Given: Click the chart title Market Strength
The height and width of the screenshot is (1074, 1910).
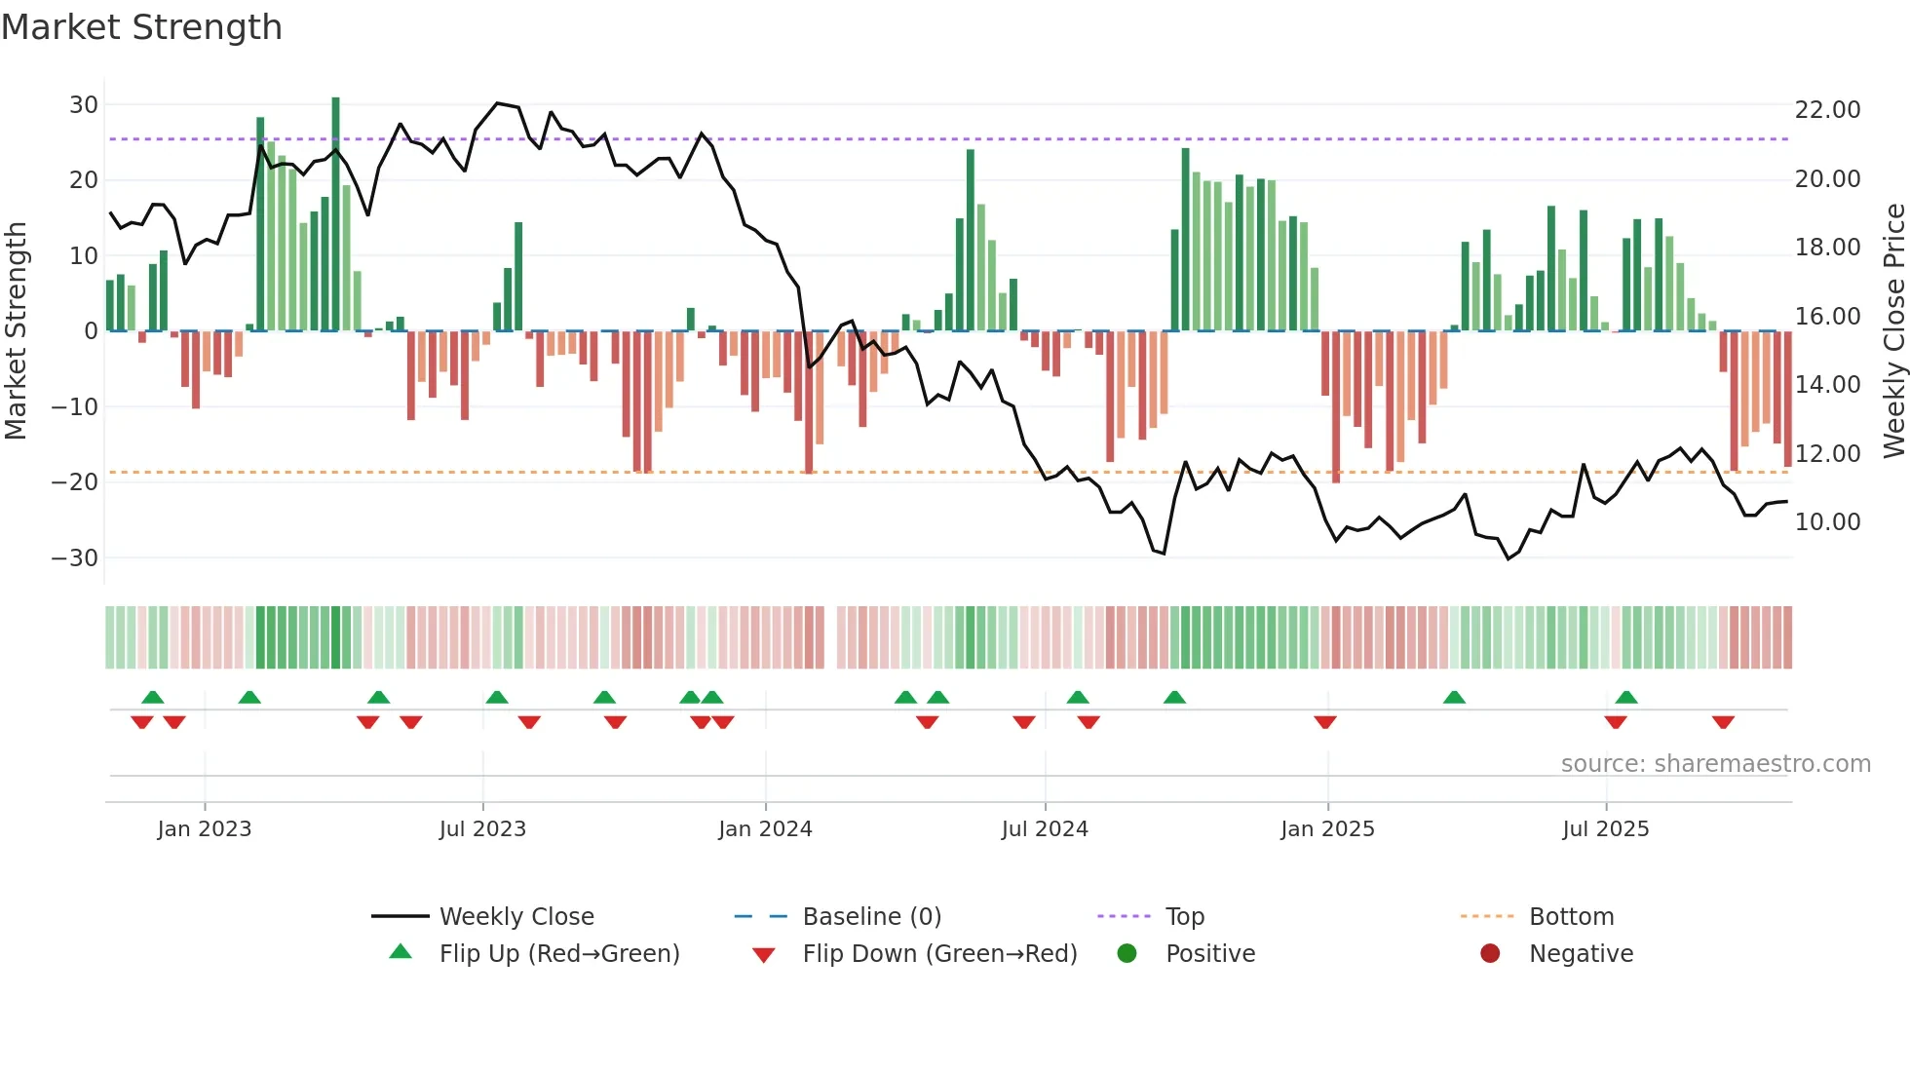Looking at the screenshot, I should tap(141, 27).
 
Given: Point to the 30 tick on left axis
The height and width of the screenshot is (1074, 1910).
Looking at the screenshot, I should tap(84, 105).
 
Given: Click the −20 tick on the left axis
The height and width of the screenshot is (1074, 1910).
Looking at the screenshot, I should tap(75, 481).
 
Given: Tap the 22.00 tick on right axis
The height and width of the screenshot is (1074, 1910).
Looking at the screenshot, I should tap(1827, 110).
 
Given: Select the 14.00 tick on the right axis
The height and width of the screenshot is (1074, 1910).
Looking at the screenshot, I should tap(1827, 385).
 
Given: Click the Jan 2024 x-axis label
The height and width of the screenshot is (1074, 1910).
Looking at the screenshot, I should tap(765, 829).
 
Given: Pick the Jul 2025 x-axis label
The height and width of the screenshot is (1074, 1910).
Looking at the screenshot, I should tap(1605, 829).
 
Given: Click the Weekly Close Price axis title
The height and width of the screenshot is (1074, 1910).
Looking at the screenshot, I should tap(1893, 331).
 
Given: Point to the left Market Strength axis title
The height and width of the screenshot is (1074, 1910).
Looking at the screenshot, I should tap(16, 331).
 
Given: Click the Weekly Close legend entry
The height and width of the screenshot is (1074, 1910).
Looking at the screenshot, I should tap(516, 917).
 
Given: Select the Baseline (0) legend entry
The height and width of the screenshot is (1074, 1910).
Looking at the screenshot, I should tap(871, 917).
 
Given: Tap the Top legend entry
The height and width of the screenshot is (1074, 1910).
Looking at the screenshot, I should tap(1184, 917).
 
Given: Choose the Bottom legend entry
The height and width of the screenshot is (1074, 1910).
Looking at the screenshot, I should tap(1571, 917).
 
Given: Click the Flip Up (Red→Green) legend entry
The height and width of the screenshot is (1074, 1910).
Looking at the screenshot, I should tap(558, 954).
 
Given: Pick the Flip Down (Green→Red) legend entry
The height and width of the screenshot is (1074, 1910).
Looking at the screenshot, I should tap(939, 954).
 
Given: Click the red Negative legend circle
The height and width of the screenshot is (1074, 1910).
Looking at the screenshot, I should tap(1490, 953).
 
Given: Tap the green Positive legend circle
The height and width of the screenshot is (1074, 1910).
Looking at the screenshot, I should tap(1127, 953).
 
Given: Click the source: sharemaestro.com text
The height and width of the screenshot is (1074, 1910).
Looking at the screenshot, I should tap(1715, 764).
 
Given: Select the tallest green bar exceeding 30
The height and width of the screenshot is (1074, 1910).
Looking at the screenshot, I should tap(335, 214).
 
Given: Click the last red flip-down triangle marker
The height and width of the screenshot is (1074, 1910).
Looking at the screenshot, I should tap(1723, 722).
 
